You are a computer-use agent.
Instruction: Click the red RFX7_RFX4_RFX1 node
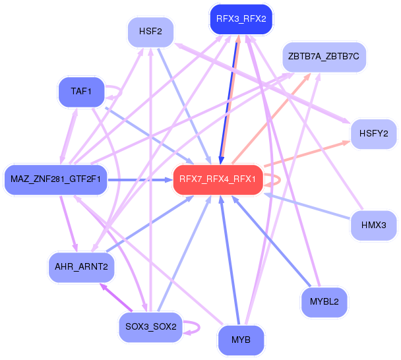218,179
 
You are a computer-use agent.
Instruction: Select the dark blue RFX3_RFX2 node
241,19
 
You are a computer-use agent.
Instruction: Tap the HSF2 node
155,31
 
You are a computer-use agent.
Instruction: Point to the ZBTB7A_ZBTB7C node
323,57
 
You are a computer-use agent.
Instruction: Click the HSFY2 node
373,134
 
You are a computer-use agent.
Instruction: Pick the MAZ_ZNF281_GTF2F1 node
55,179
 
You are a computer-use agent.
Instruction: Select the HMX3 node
373,225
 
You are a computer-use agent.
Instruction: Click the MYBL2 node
324,303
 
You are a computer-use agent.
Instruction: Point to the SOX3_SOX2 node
150,326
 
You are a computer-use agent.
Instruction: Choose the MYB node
241,340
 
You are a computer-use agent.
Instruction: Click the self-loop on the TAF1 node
118,92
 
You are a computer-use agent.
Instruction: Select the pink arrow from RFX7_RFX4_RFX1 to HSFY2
306,154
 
